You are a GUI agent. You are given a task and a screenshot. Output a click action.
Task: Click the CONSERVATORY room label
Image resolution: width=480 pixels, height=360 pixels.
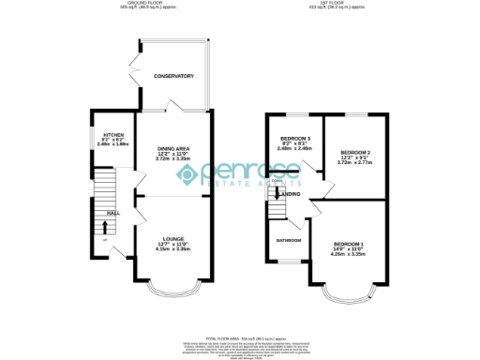[173, 76]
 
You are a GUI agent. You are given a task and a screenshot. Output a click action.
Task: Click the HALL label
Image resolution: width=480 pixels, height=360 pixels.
[112, 214]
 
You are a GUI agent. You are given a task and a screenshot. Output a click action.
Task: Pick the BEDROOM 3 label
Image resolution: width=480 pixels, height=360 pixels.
[293, 138]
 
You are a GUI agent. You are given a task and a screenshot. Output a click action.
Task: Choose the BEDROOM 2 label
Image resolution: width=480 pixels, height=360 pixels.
[355, 152]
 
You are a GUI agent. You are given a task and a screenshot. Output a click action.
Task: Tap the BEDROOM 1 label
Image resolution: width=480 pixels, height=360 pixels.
[346, 240]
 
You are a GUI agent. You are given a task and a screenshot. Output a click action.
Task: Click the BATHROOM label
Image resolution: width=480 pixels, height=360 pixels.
[288, 240]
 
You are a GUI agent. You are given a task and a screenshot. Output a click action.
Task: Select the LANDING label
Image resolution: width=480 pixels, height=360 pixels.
[289, 194]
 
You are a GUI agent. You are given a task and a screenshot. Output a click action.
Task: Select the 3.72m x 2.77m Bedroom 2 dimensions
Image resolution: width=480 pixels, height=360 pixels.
[355, 162]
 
